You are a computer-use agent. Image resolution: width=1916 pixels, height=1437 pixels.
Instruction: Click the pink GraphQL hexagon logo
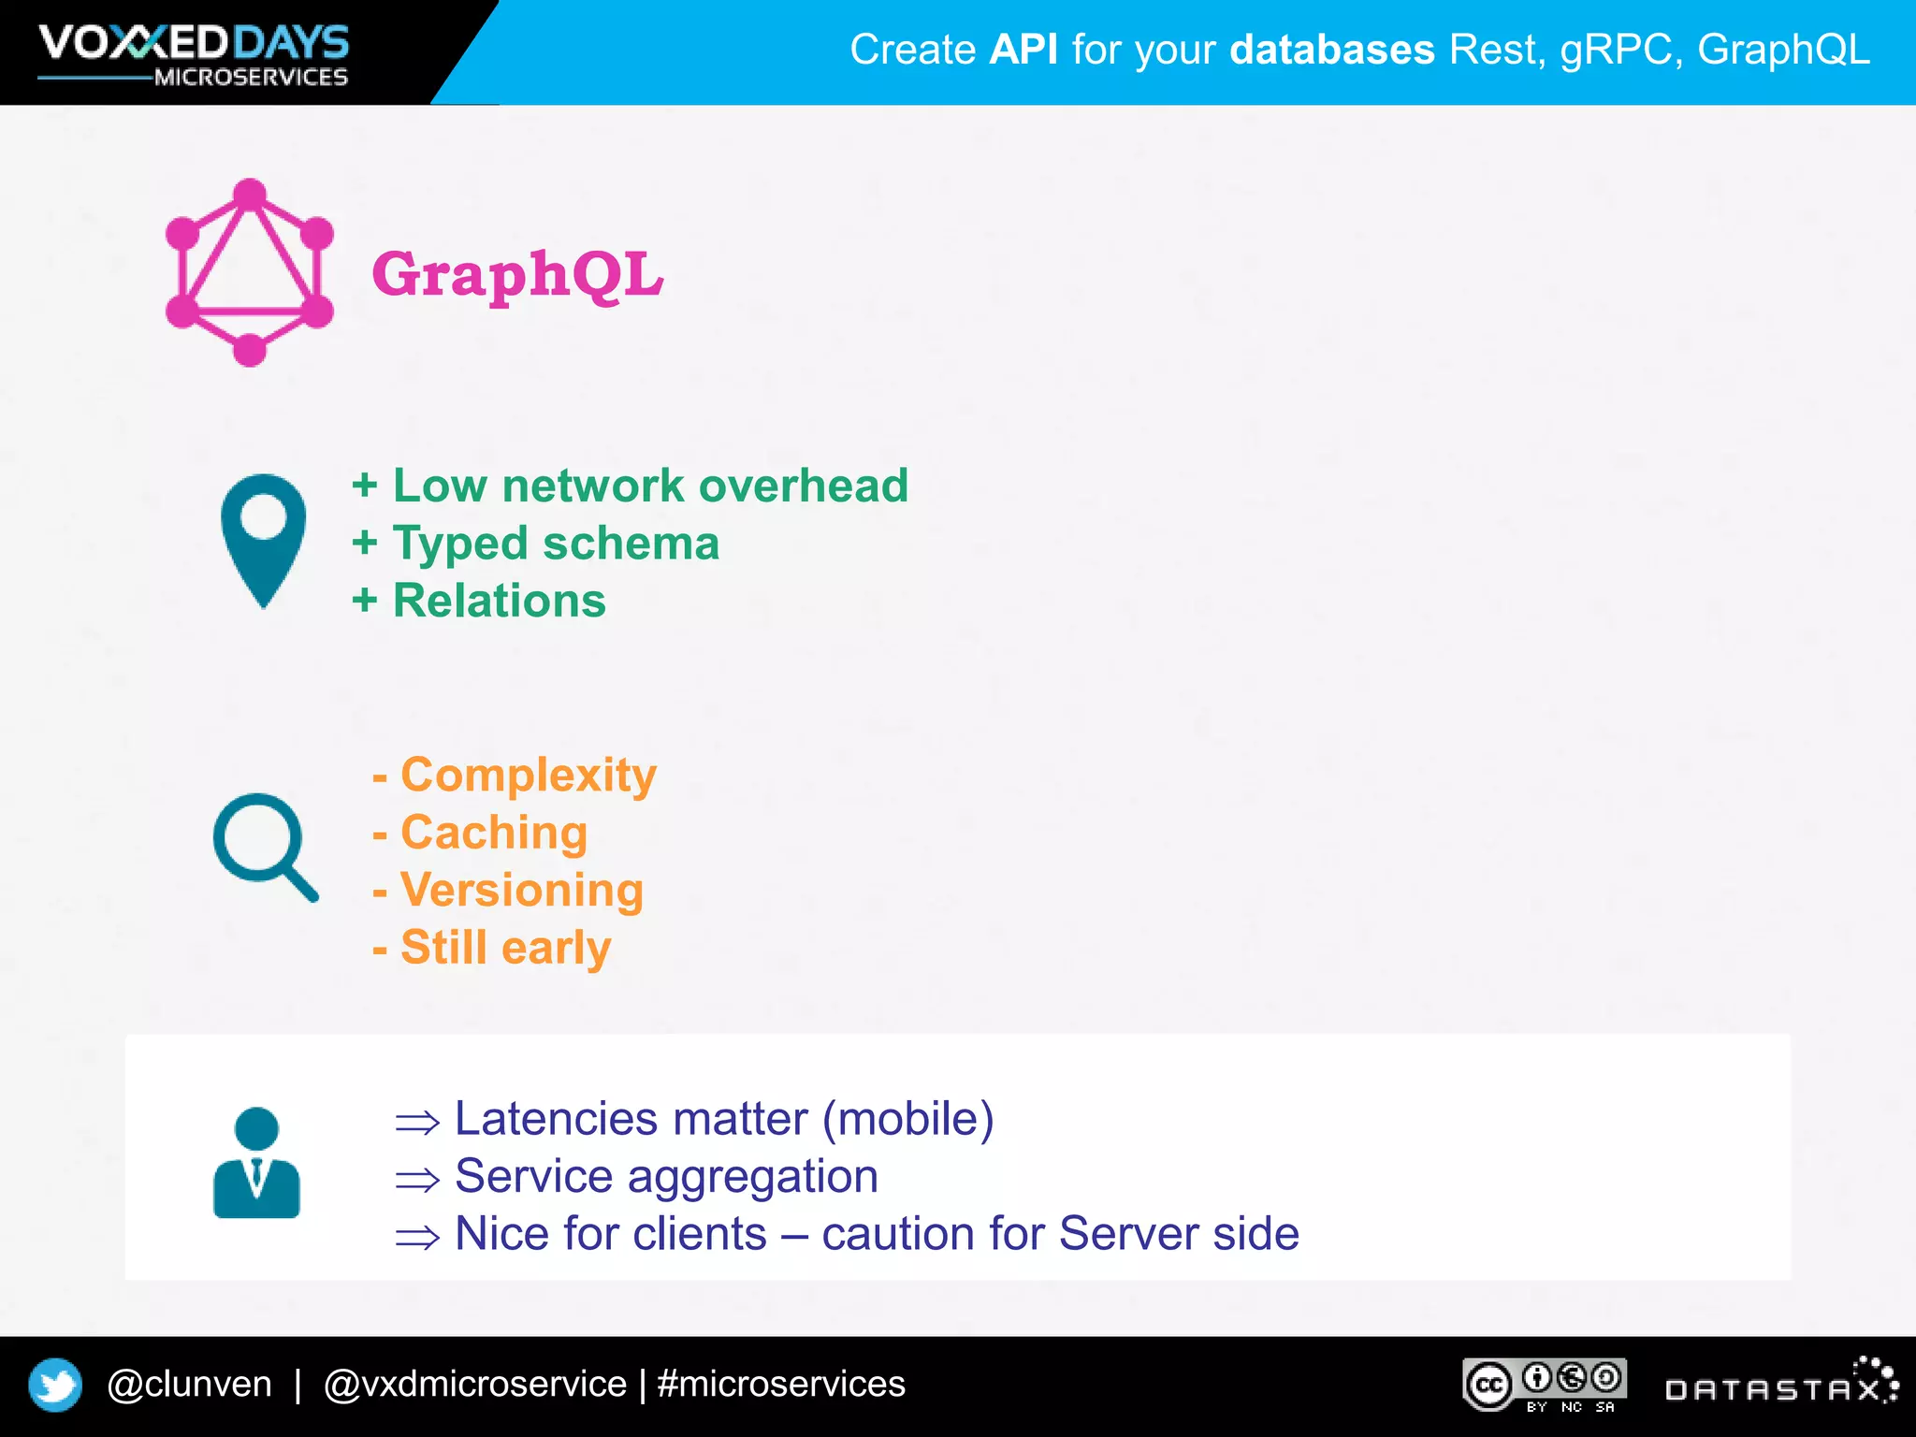[x=249, y=272]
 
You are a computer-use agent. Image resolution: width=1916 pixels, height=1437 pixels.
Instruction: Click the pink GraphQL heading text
[x=517, y=275]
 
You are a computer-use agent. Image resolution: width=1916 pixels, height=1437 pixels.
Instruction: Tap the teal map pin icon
[x=263, y=539]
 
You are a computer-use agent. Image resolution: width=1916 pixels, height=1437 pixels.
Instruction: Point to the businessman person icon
[x=256, y=1163]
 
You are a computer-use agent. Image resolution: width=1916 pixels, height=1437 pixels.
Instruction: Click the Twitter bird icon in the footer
[x=55, y=1385]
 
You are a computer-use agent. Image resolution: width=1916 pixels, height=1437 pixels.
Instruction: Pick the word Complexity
[x=529, y=775]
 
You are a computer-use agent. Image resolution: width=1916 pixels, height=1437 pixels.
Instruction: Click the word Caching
[x=494, y=833]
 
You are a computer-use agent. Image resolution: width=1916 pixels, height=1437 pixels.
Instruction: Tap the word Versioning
[x=522, y=890]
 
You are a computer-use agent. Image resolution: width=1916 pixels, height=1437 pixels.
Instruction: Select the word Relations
[x=499, y=601]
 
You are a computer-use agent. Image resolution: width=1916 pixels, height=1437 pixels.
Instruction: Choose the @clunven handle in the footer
[x=189, y=1384]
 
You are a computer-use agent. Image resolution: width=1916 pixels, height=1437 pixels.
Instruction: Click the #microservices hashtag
[x=781, y=1384]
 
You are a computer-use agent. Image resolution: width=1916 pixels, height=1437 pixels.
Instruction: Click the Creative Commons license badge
[x=1545, y=1385]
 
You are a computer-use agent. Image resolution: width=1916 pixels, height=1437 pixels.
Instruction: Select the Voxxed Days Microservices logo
[x=194, y=54]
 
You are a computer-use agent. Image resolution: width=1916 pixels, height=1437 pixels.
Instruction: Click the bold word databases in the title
[x=1331, y=50]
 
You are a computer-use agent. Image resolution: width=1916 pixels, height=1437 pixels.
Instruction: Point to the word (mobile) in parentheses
[x=907, y=1119]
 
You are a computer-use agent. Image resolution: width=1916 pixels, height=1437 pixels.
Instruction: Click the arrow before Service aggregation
[x=417, y=1180]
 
